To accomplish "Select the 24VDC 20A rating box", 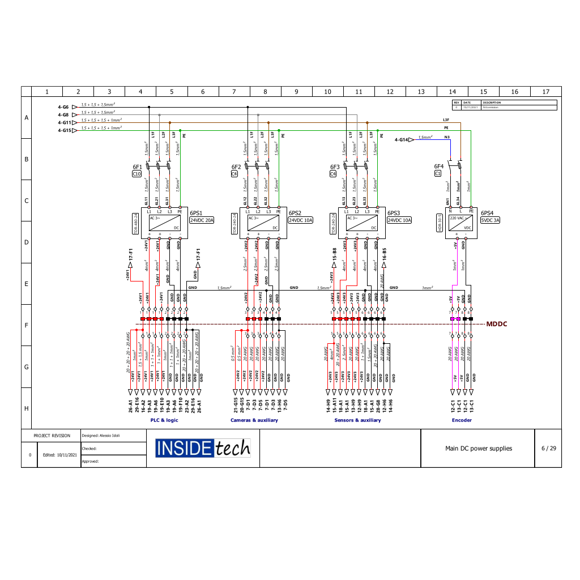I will point(201,220).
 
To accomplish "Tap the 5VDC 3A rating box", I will point(491,220).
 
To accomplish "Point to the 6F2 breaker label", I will point(236,167).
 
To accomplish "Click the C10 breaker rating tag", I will point(137,174).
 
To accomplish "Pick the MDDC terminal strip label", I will point(497,325).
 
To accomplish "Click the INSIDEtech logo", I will point(203,448).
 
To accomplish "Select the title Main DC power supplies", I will point(478,449).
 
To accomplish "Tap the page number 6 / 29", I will point(548,448).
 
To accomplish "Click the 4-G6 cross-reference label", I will point(63,107).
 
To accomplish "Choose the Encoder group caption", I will point(462,420).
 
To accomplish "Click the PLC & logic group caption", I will point(164,420).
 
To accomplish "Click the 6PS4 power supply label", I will point(487,213).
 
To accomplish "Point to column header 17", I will point(545,91).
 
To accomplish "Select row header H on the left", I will point(27,408).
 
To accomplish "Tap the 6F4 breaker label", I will point(438,167).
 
